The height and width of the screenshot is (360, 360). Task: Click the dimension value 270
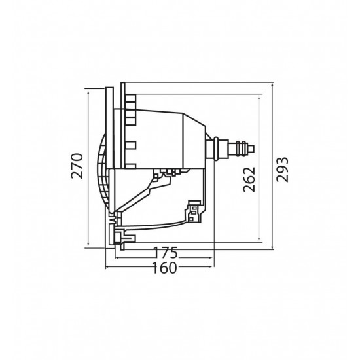click(x=77, y=168)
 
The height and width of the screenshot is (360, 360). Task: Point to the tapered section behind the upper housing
click(x=194, y=138)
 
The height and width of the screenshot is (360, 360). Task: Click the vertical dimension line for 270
click(x=87, y=168)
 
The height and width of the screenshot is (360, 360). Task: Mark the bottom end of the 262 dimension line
click(x=261, y=240)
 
